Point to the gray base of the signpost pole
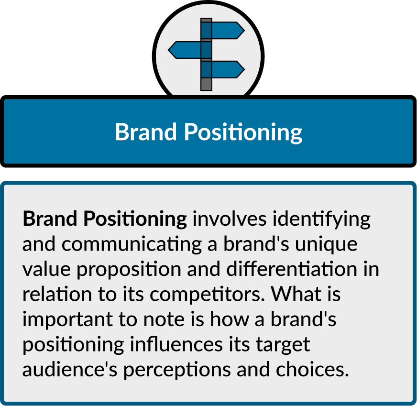point(207,84)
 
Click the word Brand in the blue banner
point(146,132)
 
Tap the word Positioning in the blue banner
point(243,132)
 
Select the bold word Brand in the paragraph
point(50,219)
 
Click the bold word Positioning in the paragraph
point(135,219)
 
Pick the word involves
point(230,219)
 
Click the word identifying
point(321,219)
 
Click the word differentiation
point(292,269)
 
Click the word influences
point(176,344)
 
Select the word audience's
point(70,369)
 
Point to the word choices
point(312,369)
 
